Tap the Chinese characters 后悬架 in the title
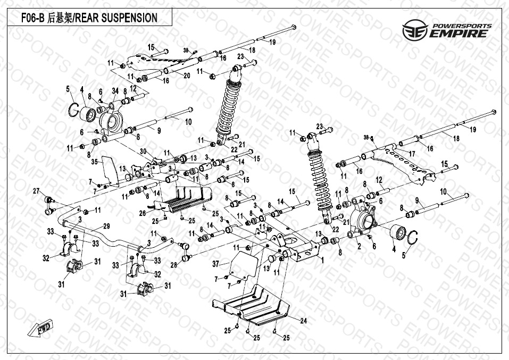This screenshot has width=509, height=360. pyautogui.click(x=57, y=18)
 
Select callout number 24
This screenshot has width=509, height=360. pyautogui.click(x=304, y=321)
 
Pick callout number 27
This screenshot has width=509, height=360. pyautogui.click(x=36, y=191)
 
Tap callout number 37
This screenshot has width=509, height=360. pyautogui.click(x=215, y=264)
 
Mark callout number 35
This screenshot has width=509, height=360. pyautogui.click(x=94, y=161)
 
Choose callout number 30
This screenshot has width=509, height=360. pyautogui.click(x=143, y=152)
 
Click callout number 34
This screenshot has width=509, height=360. pyautogui.click(x=115, y=91)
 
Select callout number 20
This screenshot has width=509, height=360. pyautogui.click(x=187, y=76)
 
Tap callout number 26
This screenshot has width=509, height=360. pyautogui.click(x=142, y=213)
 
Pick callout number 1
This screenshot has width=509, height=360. pyautogui.click(x=321, y=261)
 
